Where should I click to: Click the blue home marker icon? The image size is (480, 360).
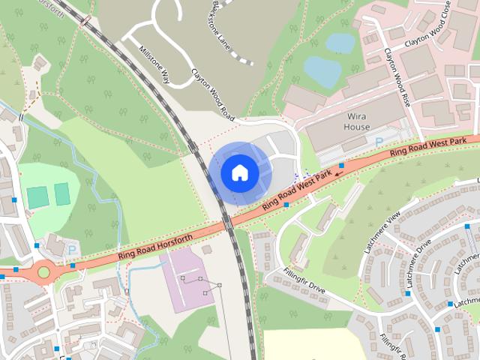(x=239, y=172)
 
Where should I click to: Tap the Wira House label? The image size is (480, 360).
(x=357, y=121)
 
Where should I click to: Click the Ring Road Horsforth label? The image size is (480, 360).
(x=154, y=247)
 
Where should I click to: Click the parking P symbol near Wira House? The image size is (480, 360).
(x=379, y=141)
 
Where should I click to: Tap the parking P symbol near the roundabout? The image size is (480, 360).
(x=72, y=249)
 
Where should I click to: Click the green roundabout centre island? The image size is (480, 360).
(x=43, y=273)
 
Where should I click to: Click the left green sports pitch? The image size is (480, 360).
(x=37, y=197)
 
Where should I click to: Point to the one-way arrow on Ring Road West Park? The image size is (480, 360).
(x=339, y=173)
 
